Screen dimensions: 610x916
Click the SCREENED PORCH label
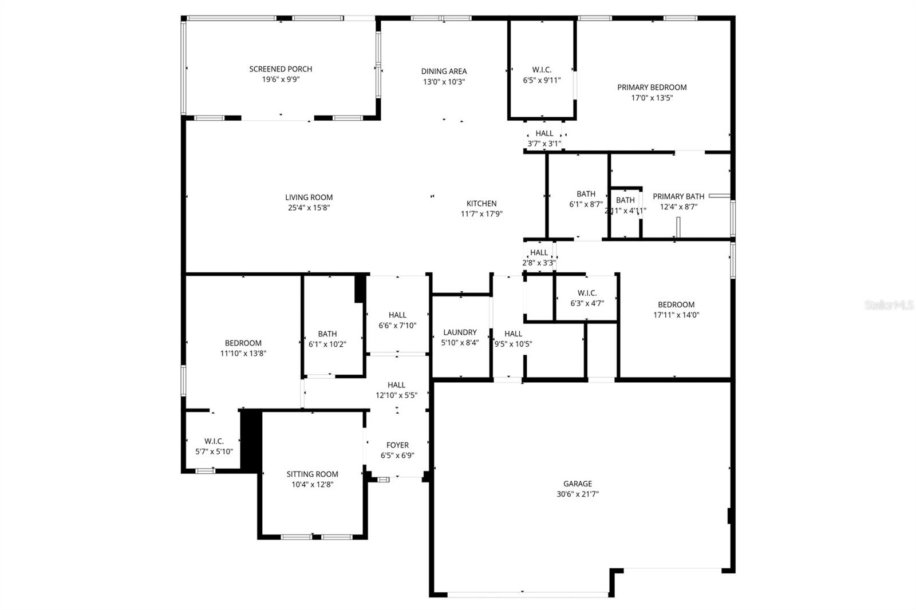[x=281, y=69]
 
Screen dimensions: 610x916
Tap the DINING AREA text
[x=444, y=72]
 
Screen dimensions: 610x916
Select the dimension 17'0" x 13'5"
[x=652, y=98]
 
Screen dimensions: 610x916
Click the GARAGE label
[x=577, y=484]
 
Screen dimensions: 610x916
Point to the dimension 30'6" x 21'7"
[x=577, y=494]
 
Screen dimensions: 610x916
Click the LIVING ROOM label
[x=309, y=197]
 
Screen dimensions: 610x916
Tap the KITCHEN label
[x=481, y=204]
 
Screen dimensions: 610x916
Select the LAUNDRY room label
[x=460, y=332]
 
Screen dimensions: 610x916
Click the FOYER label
[x=397, y=445]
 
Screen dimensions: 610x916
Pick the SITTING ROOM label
[x=312, y=474]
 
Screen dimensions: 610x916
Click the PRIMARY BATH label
[x=678, y=196]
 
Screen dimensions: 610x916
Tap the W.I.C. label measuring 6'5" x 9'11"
[x=542, y=70]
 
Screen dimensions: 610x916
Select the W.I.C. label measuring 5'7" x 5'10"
[x=214, y=441]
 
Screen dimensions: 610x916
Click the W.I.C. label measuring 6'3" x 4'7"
[x=587, y=293]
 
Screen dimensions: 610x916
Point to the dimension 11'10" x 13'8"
[x=243, y=354]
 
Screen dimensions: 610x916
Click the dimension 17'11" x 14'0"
[x=676, y=315]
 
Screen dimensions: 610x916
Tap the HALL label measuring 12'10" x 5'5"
[x=396, y=385]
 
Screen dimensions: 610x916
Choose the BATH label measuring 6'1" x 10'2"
[x=327, y=334]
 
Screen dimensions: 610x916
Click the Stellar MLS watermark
[x=889, y=306]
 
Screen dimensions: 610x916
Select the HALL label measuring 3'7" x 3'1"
[x=544, y=133]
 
